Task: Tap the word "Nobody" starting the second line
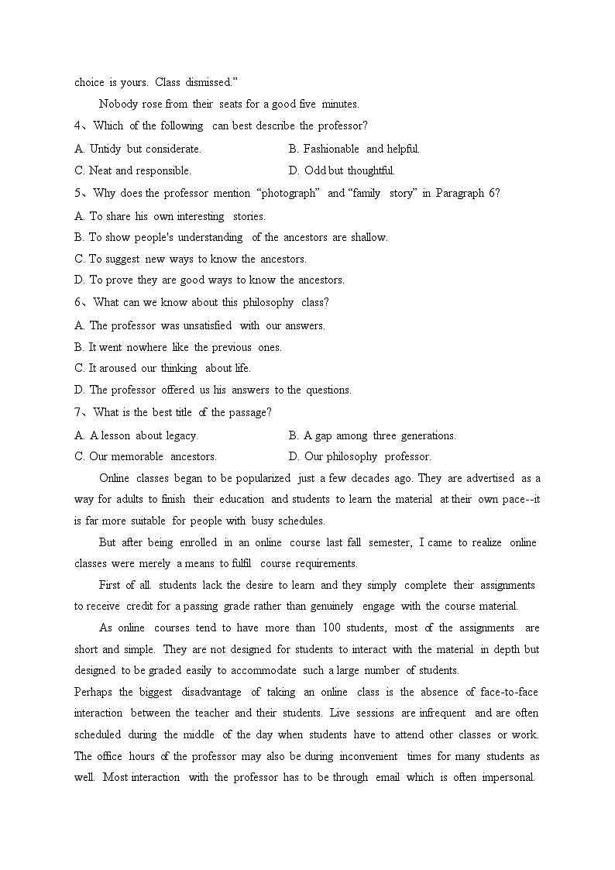point(119,103)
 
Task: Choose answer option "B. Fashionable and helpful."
point(354,149)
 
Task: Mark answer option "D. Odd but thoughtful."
point(342,170)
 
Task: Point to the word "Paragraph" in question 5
point(461,193)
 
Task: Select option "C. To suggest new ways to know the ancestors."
point(191,259)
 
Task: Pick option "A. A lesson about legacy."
point(136,435)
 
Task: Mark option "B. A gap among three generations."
point(373,435)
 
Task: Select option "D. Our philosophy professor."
point(360,456)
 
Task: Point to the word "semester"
point(390,542)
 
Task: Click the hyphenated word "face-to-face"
point(507,692)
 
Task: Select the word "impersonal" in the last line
point(507,777)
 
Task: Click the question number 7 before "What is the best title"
point(78,412)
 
